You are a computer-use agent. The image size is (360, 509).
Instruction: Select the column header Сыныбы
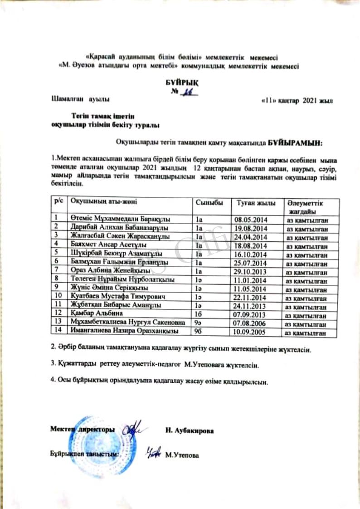pos(207,202)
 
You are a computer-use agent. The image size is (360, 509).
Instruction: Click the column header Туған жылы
pos(251,202)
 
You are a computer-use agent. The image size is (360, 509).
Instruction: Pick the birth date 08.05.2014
pos(252,220)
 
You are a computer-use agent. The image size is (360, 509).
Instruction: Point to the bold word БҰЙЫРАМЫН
pos(295,143)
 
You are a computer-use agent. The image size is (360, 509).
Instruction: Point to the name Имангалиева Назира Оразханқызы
pos(125,331)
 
